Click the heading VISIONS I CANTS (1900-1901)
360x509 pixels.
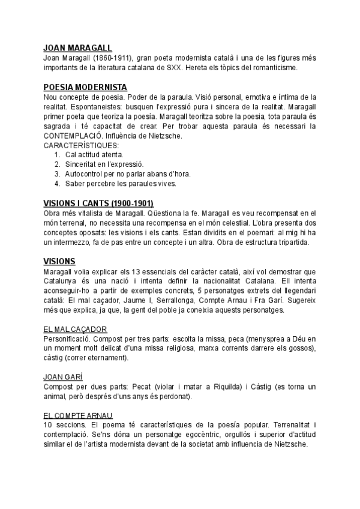[103, 203]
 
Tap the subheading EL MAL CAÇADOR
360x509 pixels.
[76, 329]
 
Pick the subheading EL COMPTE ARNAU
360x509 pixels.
[78, 415]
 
